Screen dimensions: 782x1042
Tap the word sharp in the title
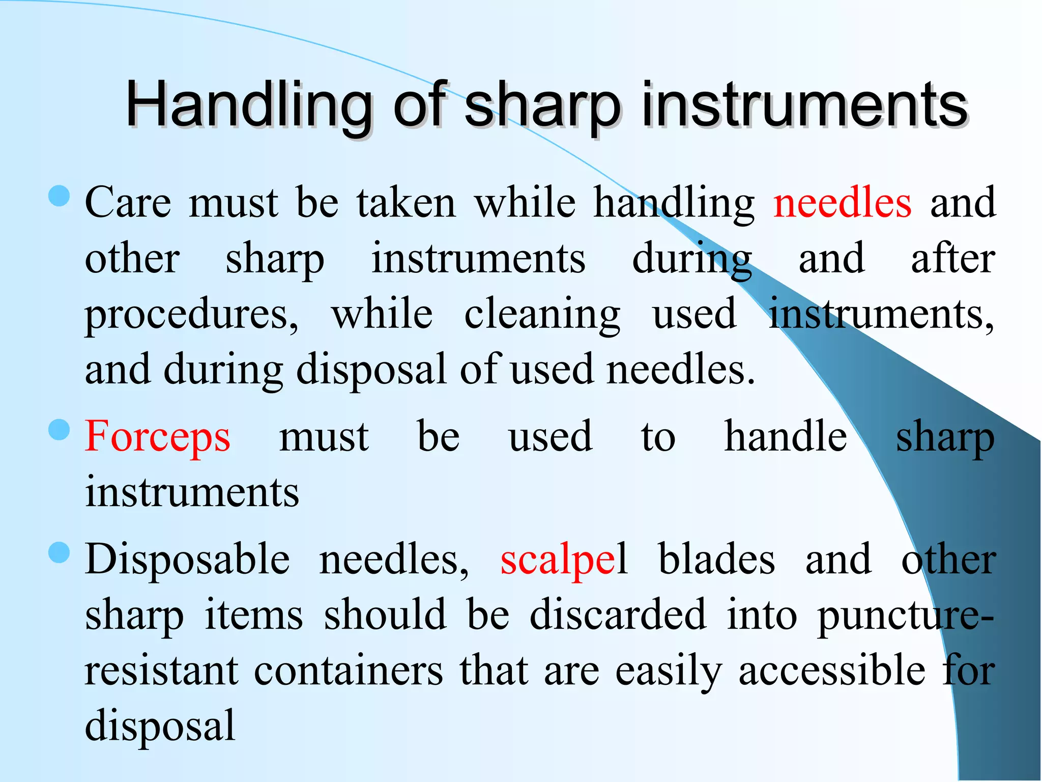542,105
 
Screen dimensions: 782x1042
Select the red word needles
842,203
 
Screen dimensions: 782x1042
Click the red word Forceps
158,437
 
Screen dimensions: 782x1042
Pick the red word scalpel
564,560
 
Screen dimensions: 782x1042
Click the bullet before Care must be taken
60,196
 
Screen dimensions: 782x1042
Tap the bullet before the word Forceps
60,430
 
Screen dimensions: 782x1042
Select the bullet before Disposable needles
60,553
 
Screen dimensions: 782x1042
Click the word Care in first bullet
128,203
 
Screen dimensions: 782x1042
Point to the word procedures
191,315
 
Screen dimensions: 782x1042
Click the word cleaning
542,315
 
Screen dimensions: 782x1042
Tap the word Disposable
187,560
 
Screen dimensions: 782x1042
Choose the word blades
716,560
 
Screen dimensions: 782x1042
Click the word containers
349,671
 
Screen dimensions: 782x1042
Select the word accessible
832,671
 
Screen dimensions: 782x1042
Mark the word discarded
618,615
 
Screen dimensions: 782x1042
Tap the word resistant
161,671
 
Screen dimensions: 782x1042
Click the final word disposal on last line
160,725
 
